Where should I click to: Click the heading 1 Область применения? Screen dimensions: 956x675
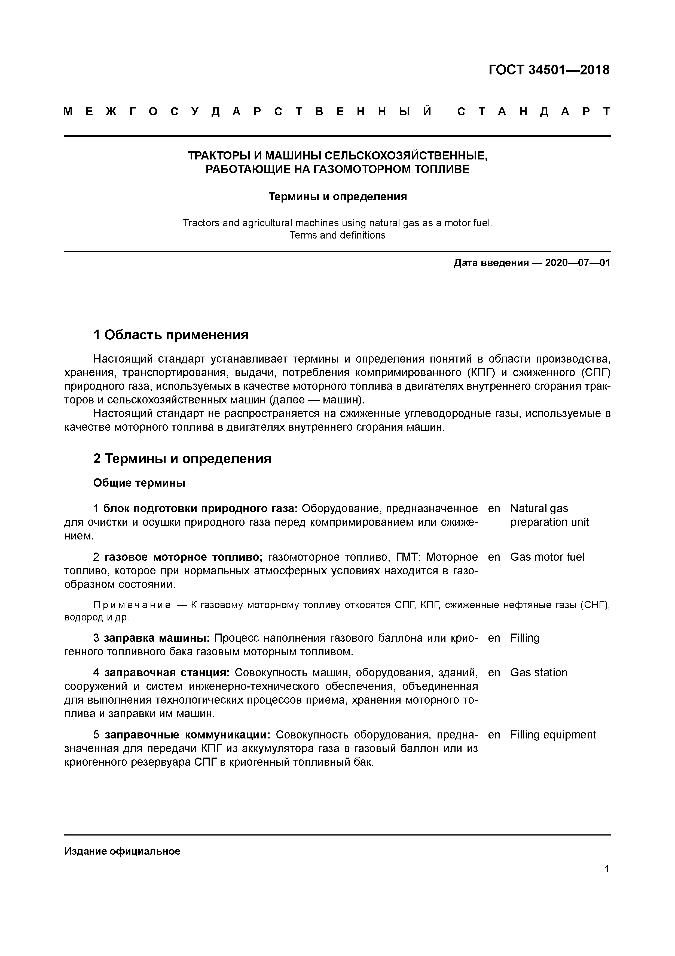click(x=170, y=334)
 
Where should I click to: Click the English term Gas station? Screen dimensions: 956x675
click(x=539, y=672)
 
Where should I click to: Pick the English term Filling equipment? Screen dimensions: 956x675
click(x=553, y=734)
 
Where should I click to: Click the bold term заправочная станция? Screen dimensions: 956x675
click(x=167, y=672)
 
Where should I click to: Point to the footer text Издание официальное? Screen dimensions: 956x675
click(x=122, y=851)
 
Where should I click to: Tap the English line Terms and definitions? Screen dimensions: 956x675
click(x=337, y=235)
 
